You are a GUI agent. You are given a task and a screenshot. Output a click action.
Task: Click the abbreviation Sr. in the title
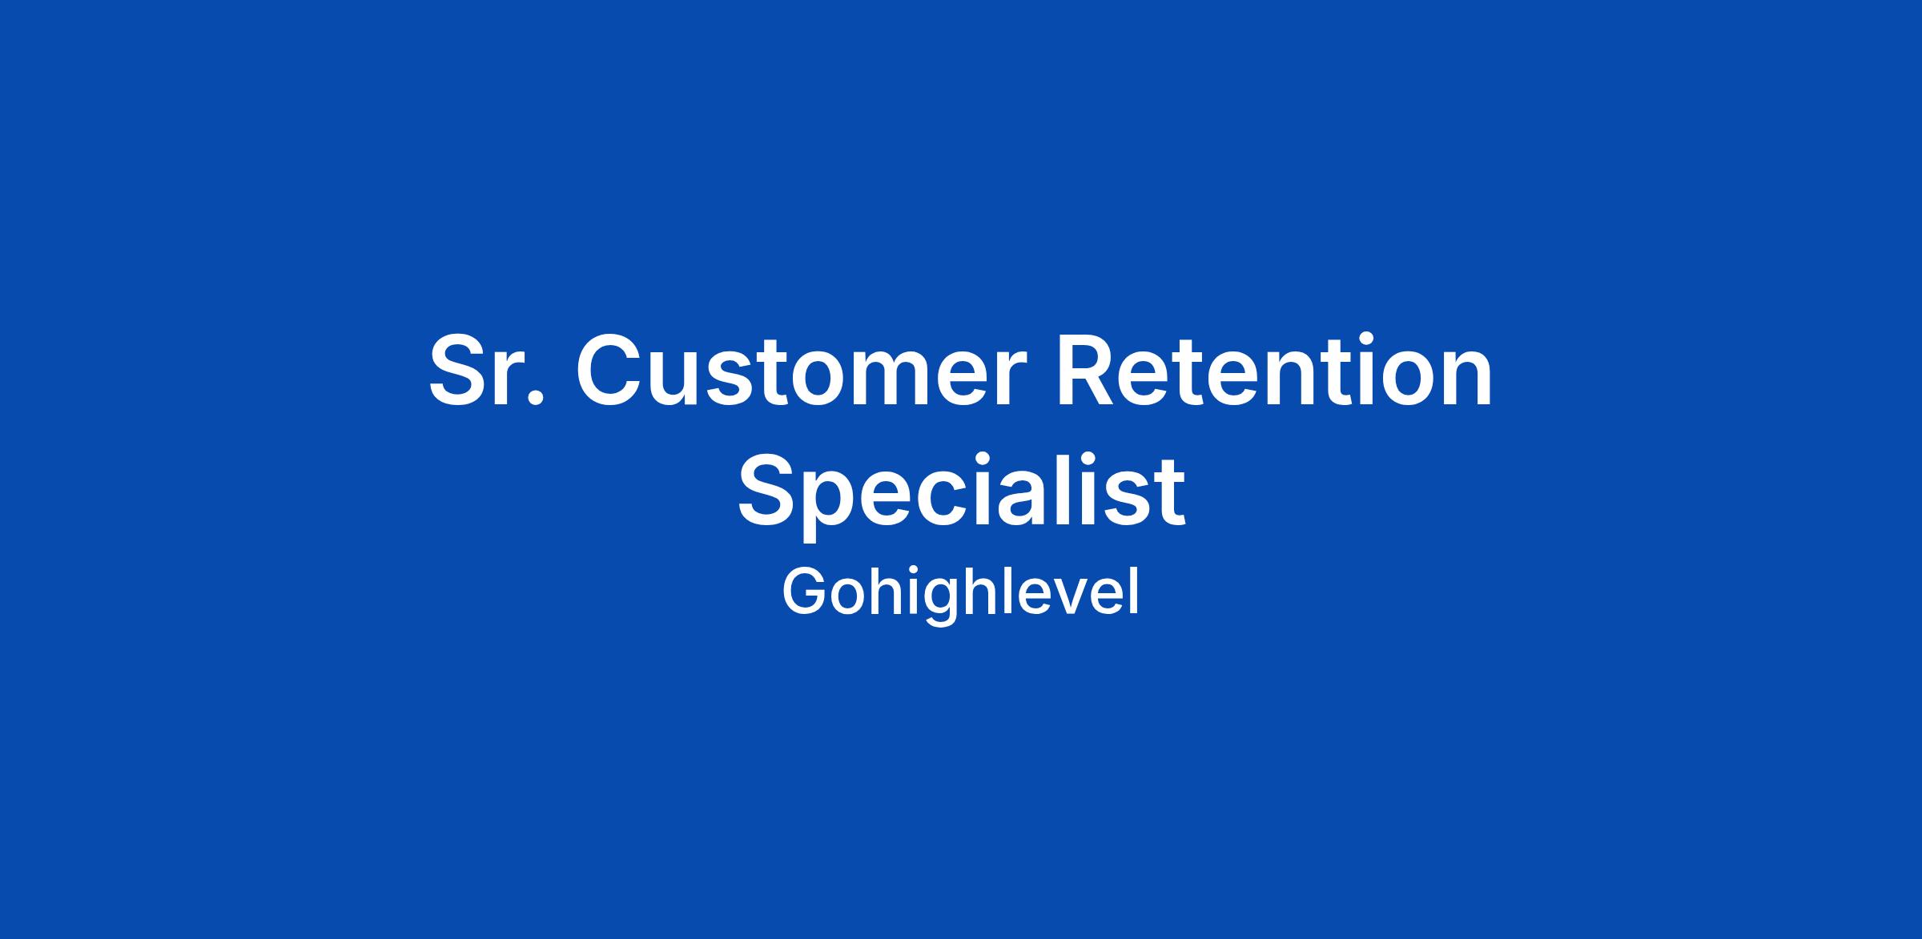[x=486, y=371]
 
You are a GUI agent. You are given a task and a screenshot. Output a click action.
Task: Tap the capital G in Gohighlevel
[x=804, y=592]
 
